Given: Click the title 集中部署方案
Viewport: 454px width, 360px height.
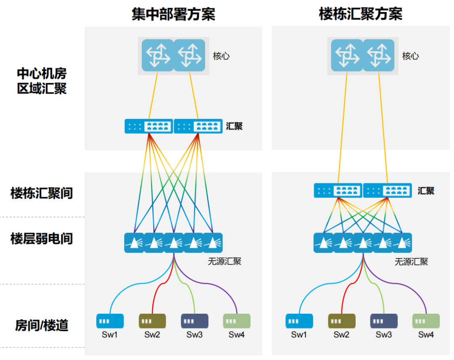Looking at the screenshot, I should coord(173,13).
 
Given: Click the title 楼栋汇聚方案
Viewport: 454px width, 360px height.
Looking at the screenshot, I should coord(361,13).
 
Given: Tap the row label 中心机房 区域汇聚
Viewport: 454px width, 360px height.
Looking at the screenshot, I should coord(42,81).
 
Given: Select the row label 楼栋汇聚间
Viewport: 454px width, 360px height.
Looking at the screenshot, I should coord(42,193).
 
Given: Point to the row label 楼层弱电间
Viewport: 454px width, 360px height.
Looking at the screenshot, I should coord(42,239).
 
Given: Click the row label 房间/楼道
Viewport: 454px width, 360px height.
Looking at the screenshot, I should coord(42,325).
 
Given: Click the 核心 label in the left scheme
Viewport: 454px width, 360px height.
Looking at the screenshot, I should coord(221,56).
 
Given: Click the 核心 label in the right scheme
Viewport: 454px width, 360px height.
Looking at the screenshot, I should coord(410,56).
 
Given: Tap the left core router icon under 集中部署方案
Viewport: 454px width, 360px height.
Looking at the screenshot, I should coord(158,55).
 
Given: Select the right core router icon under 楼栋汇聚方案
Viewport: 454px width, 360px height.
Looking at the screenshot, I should coord(378,55).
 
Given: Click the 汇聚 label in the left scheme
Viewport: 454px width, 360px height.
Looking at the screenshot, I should coord(234,126).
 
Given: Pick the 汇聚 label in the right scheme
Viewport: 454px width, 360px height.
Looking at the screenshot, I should coord(426,191).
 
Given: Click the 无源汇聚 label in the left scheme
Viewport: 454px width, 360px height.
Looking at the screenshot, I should coord(224,262).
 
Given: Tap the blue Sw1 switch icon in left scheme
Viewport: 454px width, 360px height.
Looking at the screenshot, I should coord(110,321).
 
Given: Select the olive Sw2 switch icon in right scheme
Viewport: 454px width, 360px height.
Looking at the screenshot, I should coord(341,321).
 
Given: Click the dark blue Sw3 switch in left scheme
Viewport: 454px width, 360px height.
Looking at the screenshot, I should coord(195,321).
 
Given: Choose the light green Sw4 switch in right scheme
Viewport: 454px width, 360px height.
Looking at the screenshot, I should coord(426,321).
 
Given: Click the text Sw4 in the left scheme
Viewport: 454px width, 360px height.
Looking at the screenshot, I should coord(237,335).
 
